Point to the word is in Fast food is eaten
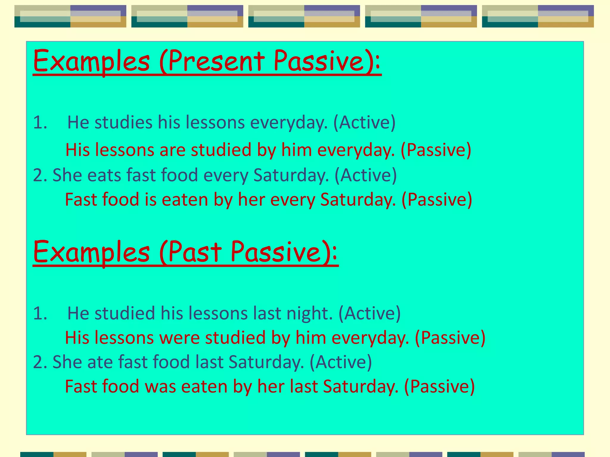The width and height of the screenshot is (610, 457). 150,199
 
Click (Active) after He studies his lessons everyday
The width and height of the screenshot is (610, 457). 364,122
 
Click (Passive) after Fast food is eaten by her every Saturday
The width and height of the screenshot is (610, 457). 437,199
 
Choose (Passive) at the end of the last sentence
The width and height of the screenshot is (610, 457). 439,386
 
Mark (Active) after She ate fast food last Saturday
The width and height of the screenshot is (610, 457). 341,362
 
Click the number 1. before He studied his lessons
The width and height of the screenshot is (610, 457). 40,313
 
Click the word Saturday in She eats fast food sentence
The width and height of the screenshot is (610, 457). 291,175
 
